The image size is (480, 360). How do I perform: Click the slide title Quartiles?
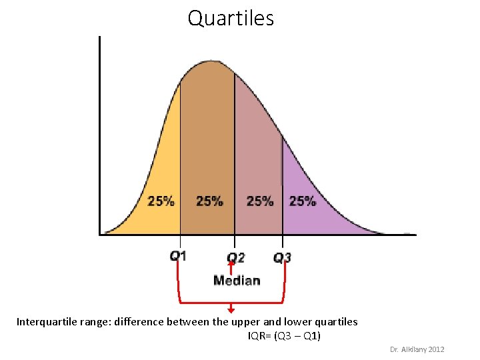231,18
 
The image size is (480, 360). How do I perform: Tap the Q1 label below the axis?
178,255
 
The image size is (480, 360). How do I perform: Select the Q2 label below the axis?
235,257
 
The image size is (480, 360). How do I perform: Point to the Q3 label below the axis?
282,257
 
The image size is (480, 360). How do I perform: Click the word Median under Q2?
237,280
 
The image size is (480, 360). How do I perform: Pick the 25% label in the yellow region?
161,201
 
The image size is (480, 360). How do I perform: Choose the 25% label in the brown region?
209,201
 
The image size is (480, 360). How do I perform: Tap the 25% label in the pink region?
259,201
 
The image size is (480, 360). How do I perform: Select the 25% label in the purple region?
302,201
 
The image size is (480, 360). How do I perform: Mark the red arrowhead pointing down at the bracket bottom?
231,309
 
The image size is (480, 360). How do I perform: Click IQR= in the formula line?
259,336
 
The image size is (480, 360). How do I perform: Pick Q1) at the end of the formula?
311,336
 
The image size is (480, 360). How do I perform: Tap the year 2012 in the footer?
437,349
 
